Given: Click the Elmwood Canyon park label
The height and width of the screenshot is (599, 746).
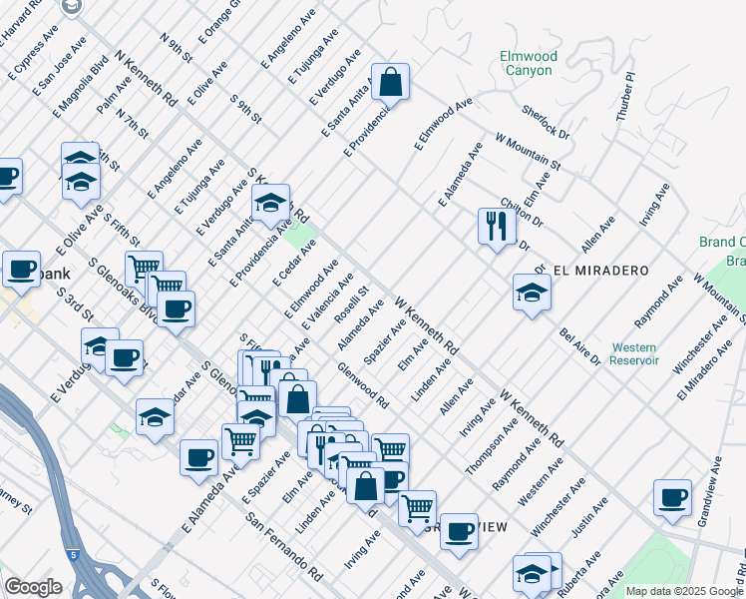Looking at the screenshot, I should click(528, 64).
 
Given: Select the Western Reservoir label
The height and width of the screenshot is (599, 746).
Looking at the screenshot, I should click(634, 353).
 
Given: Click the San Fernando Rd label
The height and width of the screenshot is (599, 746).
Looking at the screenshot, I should click(285, 547).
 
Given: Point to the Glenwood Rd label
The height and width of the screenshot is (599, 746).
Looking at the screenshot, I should click(363, 383).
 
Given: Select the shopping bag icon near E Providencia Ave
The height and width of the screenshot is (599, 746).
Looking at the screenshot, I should click(391, 83).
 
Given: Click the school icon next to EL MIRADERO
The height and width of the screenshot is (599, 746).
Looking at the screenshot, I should click(532, 293).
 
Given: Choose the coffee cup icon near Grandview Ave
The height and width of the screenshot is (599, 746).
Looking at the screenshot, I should click(672, 497).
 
